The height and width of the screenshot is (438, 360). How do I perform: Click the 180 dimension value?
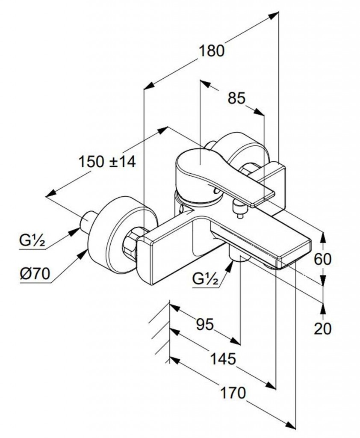212,51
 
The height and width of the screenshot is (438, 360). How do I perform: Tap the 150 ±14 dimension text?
107,162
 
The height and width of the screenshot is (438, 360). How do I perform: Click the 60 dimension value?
322,258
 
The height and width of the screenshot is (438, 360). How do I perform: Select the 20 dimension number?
322,328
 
